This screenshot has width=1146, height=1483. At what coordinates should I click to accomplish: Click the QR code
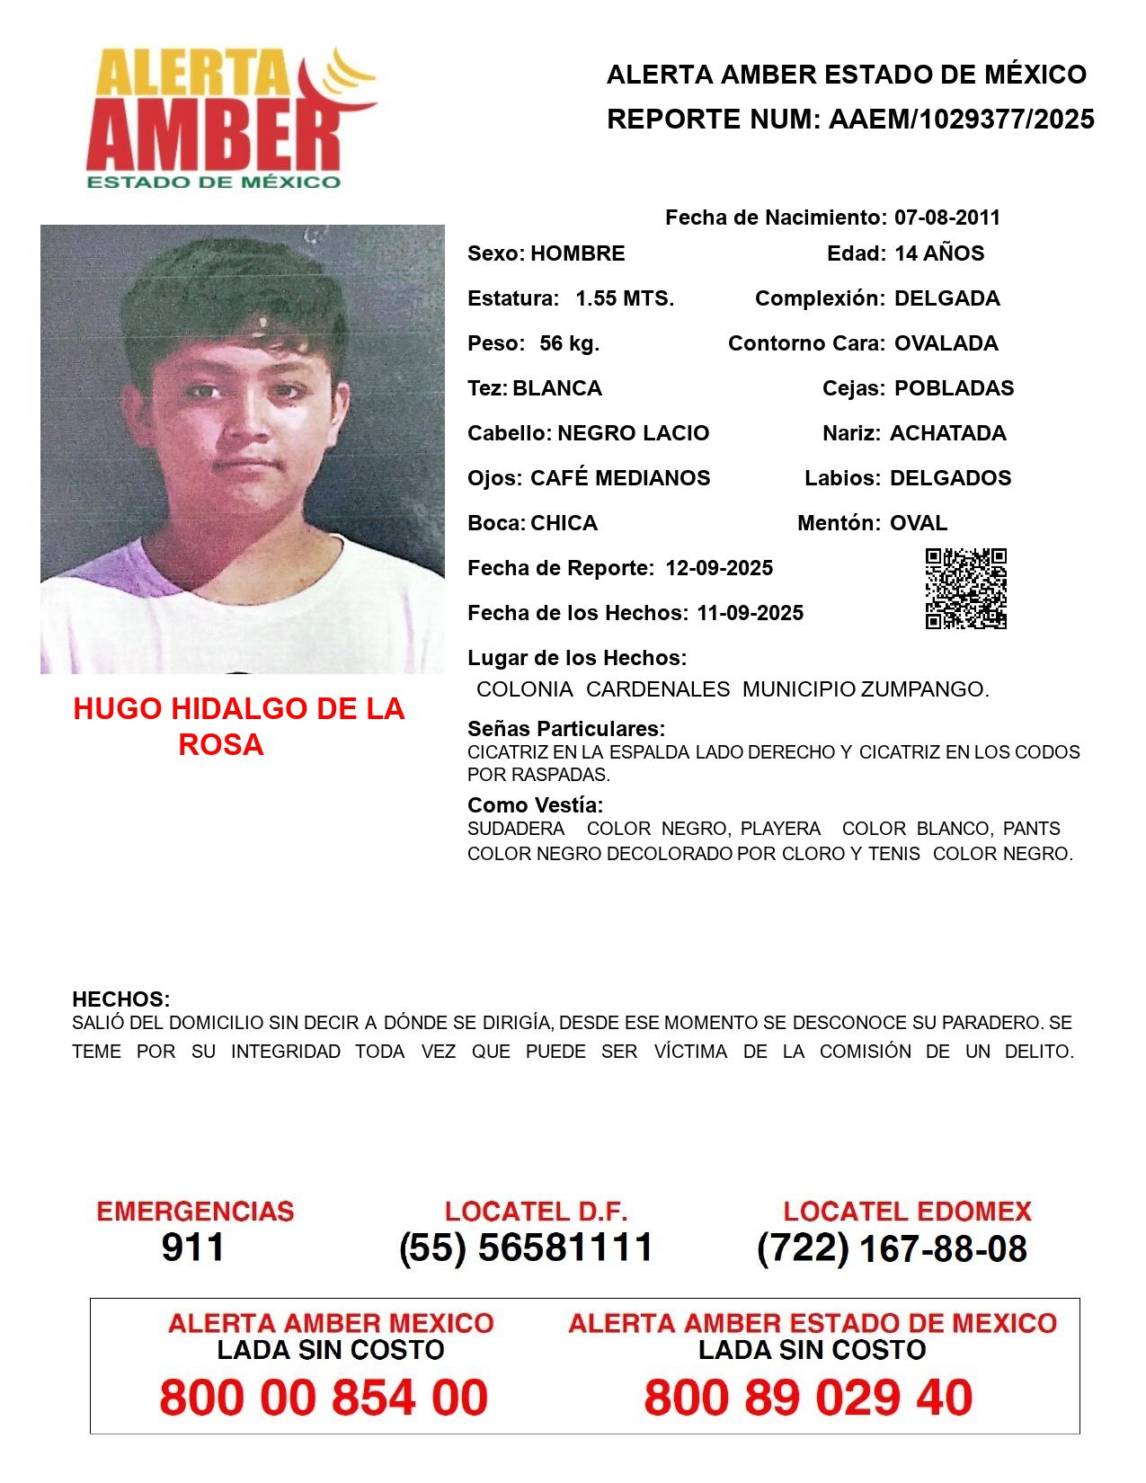click(x=966, y=589)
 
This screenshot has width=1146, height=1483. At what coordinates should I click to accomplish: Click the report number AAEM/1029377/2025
click(x=961, y=120)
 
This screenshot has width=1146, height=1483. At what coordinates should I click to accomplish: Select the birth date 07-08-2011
click(x=946, y=218)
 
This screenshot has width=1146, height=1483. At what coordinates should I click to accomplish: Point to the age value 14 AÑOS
click(x=939, y=253)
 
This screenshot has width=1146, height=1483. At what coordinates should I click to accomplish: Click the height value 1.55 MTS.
click(x=625, y=298)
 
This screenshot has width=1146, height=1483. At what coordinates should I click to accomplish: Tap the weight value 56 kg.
click(x=569, y=343)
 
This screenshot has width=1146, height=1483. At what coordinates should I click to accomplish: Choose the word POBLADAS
click(x=954, y=388)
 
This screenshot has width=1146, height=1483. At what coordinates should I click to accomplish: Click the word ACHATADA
click(x=947, y=433)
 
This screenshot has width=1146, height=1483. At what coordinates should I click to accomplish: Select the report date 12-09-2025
click(x=719, y=568)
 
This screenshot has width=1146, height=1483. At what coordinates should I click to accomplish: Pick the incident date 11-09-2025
click(x=750, y=613)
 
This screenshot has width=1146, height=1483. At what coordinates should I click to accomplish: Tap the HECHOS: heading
click(x=121, y=999)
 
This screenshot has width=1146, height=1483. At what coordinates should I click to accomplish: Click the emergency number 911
click(x=193, y=1248)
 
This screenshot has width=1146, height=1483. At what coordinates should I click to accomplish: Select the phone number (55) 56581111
click(x=526, y=1248)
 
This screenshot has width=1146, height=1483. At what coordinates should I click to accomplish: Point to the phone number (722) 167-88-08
click(x=892, y=1248)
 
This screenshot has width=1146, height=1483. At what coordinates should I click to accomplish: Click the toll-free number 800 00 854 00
click(x=324, y=1399)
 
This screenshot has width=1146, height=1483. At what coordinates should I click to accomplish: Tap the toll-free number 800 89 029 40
click(x=808, y=1399)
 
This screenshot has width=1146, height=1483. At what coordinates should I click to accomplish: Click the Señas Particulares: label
click(x=566, y=729)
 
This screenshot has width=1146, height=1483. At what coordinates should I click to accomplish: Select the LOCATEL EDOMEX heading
click(x=907, y=1212)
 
